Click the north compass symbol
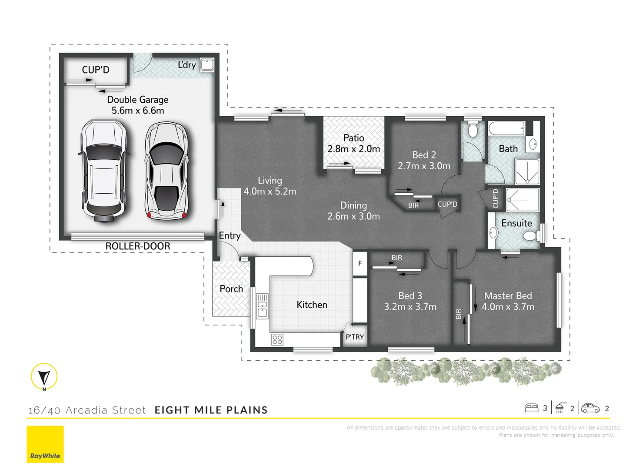click(x=44, y=376)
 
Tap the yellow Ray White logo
click(x=45, y=444)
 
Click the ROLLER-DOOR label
click(x=138, y=246)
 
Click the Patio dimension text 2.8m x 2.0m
click(x=353, y=149)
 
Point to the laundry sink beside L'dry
click(x=207, y=64)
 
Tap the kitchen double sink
click(x=262, y=306)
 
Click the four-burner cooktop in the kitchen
click(x=277, y=339)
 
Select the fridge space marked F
click(x=360, y=263)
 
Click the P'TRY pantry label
click(x=355, y=337)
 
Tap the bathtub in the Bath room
click(x=506, y=129)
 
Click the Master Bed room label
click(x=508, y=296)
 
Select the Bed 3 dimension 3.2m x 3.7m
click(x=410, y=307)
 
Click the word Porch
click(x=231, y=289)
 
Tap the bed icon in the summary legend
click(x=532, y=408)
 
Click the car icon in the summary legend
click(x=590, y=408)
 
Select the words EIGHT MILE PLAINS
click(x=211, y=410)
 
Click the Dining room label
click(x=353, y=205)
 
